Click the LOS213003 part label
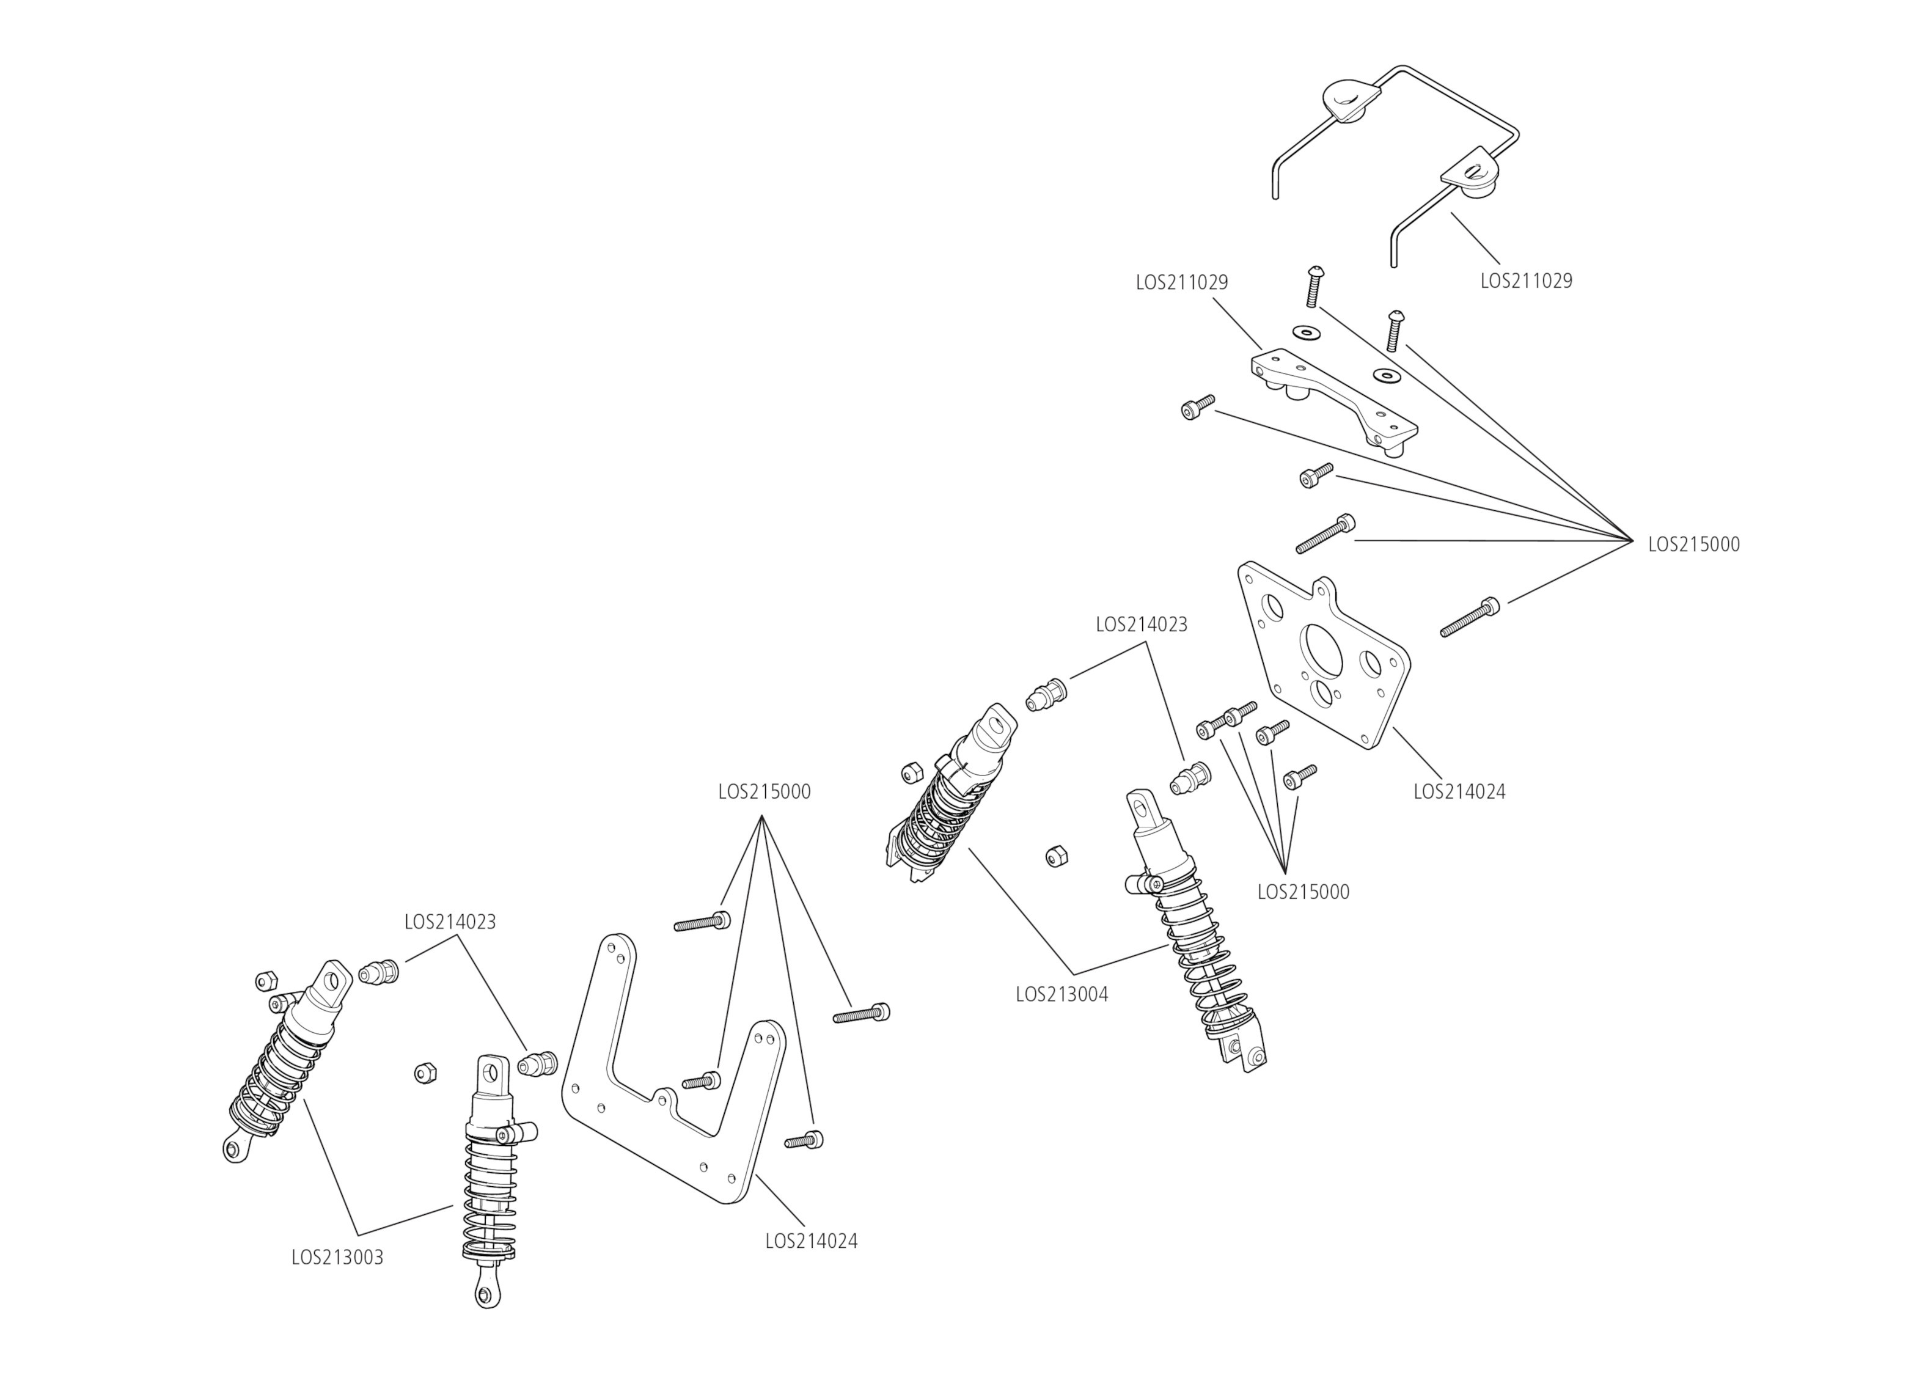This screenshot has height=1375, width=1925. tap(337, 1257)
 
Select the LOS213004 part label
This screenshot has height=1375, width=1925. tap(1061, 995)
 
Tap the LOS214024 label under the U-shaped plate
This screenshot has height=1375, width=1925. tap(811, 1241)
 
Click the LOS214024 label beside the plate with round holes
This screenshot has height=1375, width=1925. tap(1459, 791)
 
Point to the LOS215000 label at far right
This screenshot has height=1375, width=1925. tap(1693, 544)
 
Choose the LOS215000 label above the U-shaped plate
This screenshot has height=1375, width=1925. tap(763, 791)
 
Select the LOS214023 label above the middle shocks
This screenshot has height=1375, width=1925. tap(1141, 624)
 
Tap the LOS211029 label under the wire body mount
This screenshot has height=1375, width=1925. tap(1525, 280)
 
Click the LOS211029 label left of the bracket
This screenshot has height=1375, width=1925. tap(1181, 282)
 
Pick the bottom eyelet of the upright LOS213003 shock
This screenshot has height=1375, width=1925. tap(486, 1294)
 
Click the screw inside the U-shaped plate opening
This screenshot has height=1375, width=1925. tap(701, 1080)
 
